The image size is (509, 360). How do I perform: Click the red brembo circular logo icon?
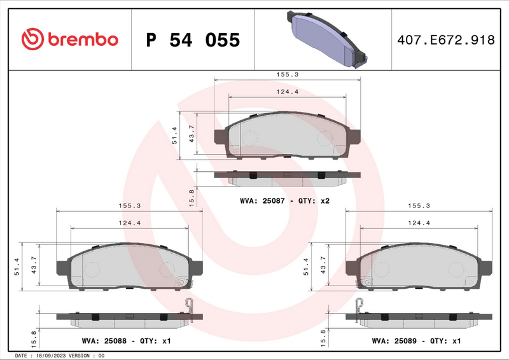(32, 39)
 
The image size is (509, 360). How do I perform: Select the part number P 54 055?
(193, 40)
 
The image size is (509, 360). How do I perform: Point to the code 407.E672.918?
(445, 40)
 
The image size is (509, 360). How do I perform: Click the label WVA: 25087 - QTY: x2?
(284, 201)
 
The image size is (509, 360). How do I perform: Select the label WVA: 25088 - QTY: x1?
(127, 341)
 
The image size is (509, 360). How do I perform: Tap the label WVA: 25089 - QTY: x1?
(417, 341)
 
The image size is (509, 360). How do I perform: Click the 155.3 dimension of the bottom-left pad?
(130, 205)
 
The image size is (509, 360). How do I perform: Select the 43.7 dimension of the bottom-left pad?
(34, 264)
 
